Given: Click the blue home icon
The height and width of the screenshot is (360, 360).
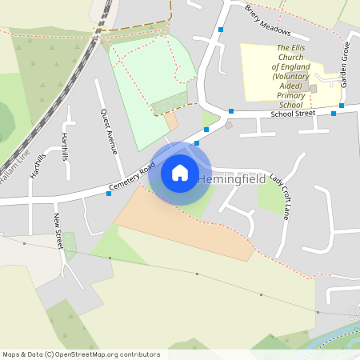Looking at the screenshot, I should (x=180, y=173).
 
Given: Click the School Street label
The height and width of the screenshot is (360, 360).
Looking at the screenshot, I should (x=292, y=114).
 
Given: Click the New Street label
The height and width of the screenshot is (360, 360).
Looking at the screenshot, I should (x=58, y=231).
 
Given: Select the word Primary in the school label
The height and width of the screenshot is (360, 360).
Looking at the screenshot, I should (x=291, y=95).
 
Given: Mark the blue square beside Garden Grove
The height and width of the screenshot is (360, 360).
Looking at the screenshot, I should (x=342, y=105).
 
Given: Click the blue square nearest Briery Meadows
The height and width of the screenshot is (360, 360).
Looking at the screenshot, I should (x=221, y=30).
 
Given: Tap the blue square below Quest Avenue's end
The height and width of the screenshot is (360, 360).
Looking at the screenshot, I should (x=109, y=194).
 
